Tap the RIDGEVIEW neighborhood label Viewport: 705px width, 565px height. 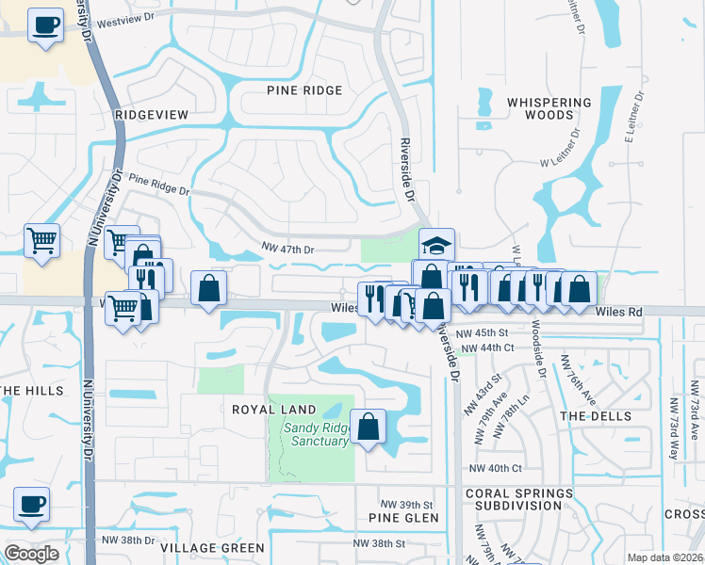[151, 114]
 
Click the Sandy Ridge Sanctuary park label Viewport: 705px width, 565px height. [316, 434]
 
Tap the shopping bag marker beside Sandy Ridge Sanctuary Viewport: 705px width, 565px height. [369, 426]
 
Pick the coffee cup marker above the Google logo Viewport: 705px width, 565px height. [30, 504]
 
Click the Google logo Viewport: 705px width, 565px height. [31, 554]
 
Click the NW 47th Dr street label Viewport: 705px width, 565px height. [287, 249]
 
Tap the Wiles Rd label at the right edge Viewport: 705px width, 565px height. [618, 311]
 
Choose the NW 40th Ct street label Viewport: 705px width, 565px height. [495, 468]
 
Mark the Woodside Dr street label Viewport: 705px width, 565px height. [537, 349]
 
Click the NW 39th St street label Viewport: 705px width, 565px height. [405, 505]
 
